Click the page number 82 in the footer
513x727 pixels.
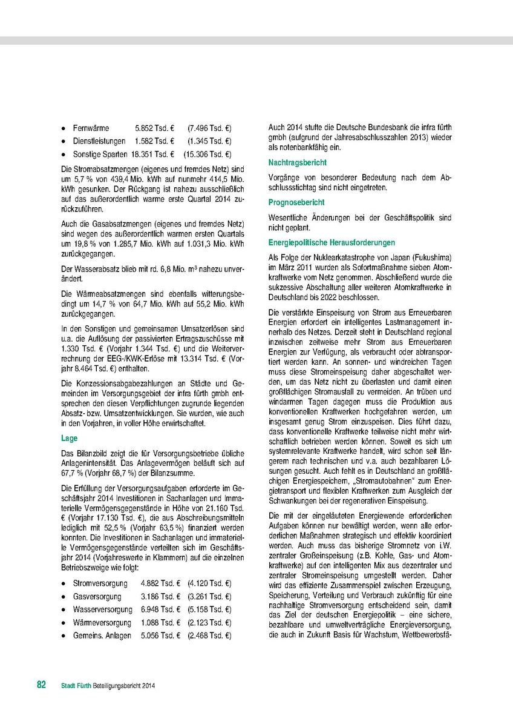point(41,685)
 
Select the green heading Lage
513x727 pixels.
point(69,437)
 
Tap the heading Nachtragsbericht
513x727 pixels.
point(298,163)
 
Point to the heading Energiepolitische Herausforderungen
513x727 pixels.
point(332,242)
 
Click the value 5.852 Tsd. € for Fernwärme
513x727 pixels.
point(155,129)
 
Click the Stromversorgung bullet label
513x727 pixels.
point(100,583)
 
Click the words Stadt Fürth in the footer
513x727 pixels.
point(76,686)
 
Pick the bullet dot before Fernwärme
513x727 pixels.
point(64,129)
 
